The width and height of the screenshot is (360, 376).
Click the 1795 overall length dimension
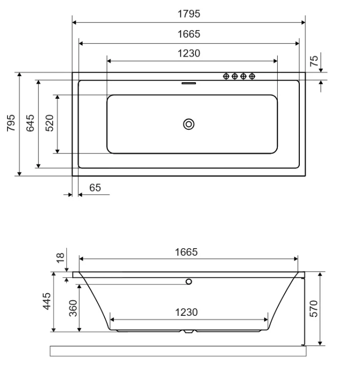pos(189,14)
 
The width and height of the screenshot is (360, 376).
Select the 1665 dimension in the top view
pos(189,34)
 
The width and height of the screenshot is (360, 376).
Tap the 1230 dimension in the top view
pos(189,53)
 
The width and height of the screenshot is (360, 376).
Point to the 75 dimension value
pos(314,61)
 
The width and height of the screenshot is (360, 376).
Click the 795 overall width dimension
pos(11,123)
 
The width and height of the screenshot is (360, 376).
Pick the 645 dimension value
pos(30,123)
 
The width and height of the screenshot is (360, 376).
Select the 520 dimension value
pos(50,123)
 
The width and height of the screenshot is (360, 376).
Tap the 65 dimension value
pos(95,187)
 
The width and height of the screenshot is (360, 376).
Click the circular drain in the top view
pos(189,124)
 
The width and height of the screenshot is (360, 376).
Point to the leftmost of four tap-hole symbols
pos(226,76)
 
